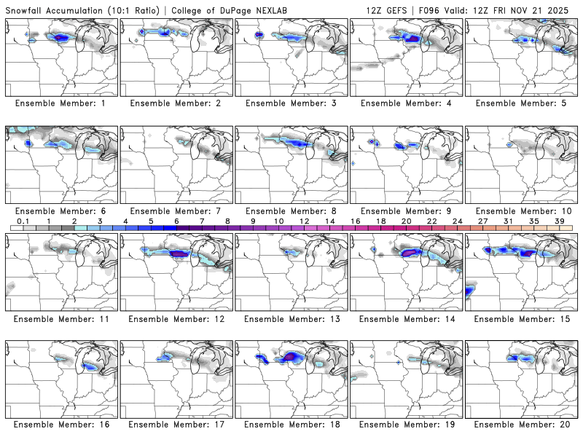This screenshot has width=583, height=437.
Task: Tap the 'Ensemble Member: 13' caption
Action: pyautogui.click(x=291, y=319)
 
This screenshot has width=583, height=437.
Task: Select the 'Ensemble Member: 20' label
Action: pyautogui.click(x=522, y=424)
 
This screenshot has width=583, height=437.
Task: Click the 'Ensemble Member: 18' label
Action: pyautogui.click(x=291, y=424)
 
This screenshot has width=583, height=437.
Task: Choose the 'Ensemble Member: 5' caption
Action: pyautogui.click(x=522, y=103)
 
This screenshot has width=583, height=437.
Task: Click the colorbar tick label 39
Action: pyautogui.click(x=559, y=221)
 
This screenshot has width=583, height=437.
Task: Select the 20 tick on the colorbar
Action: pyautogui.click(x=406, y=221)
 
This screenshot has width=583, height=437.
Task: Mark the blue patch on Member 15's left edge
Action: pyautogui.click(x=467, y=292)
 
